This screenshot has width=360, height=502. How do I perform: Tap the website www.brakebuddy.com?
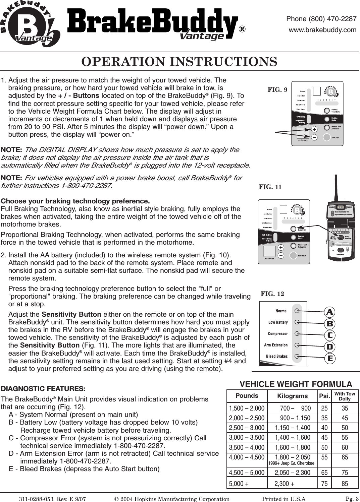click(x=322, y=30)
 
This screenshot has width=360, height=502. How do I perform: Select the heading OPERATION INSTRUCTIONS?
click(x=179, y=62)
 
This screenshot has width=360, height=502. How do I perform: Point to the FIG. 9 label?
click(x=277, y=89)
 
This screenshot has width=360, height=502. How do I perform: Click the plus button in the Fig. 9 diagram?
click(x=314, y=129)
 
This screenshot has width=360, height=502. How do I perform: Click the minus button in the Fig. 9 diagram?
click(x=314, y=137)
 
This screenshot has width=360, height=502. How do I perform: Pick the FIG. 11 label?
click(x=270, y=187)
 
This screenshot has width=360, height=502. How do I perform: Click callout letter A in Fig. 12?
click(x=330, y=312)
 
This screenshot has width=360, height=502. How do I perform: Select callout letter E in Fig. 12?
click(x=330, y=358)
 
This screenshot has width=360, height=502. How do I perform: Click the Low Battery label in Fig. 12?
click(x=278, y=322)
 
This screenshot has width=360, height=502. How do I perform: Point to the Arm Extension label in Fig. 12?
click(x=275, y=345)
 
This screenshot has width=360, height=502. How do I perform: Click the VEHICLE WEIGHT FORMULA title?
click(x=296, y=384)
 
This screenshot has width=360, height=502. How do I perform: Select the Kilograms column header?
click(x=292, y=396)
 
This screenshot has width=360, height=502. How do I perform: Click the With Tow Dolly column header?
click(x=345, y=396)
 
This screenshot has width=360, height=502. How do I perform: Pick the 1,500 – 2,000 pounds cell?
click(x=247, y=408)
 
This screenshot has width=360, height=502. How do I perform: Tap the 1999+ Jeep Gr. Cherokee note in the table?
click(x=291, y=463)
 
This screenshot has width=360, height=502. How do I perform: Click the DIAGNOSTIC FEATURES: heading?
click(x=43, y=389)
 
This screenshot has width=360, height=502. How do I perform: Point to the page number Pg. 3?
click(x=352, y=499)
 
